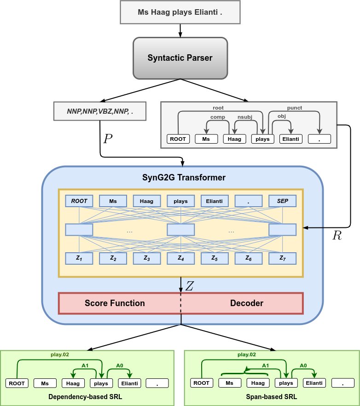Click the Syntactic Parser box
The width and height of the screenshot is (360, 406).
tap(180, 58)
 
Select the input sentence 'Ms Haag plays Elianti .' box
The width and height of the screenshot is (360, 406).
tap(180, 12)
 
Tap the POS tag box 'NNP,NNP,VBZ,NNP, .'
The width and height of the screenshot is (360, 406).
tap(100, 111)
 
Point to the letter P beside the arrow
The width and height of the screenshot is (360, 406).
tap(108, 139)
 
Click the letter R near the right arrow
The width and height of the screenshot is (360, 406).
tap(337, 236)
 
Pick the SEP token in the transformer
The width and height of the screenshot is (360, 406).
tap(282, 201)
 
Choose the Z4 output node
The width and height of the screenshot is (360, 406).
tap(180, 259)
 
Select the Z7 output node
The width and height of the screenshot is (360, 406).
tap(282, 259)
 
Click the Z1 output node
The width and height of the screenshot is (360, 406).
tap(79, 259)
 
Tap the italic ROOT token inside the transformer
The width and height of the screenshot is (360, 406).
tap(79, 201)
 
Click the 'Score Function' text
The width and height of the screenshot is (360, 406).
tap(115, 303)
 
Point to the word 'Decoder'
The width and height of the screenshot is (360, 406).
tap(247, 303)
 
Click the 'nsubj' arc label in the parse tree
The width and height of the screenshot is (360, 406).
tap(244, 117)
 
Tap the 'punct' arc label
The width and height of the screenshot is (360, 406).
tap(295, 108)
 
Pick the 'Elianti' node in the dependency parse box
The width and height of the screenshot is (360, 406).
tap(291, 139)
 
